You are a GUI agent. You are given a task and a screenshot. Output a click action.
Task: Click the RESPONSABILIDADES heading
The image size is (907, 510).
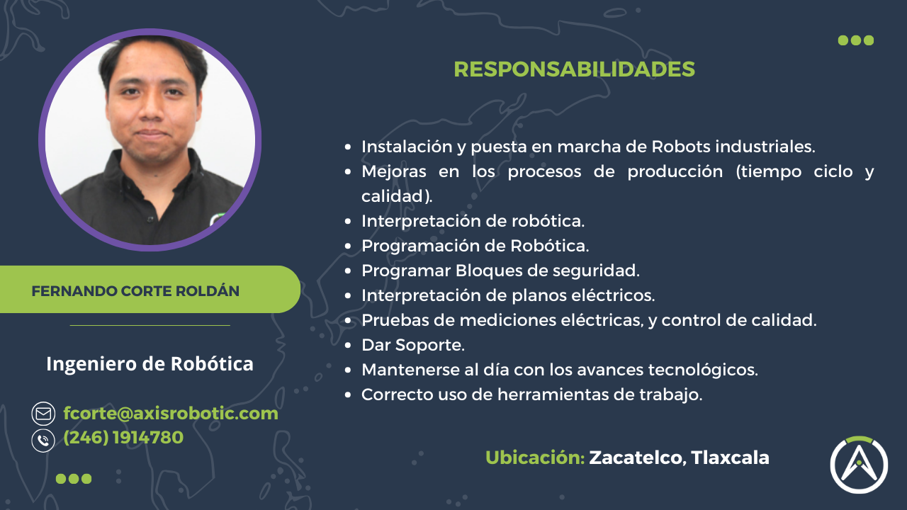(x=574, y=69)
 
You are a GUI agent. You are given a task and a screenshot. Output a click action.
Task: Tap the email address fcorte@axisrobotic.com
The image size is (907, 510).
(x=171, y=413)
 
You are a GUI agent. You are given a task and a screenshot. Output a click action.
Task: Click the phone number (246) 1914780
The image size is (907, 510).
(x=123, y=438)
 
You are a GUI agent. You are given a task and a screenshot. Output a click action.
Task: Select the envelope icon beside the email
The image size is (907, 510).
(x=43, y=414)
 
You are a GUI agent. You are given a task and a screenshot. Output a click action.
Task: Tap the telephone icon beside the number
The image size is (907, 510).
(x=43, y=440)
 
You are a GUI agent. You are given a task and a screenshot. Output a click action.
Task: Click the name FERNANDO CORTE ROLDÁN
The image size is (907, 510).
(x=135, y=291)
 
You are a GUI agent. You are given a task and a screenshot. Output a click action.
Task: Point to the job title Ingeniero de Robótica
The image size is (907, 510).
(x=150, y=364)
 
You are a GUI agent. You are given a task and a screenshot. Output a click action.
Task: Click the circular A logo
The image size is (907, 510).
(x=859, y=465)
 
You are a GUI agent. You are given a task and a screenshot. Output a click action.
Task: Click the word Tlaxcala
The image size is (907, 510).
(x=731, y=458)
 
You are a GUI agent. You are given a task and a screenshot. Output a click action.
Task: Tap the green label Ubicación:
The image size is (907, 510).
(x=535, y=458)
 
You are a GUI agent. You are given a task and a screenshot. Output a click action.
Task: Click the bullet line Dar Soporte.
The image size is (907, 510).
(x=413, y=345)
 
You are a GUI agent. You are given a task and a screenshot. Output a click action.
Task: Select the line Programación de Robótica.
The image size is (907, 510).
(x=475, y=246)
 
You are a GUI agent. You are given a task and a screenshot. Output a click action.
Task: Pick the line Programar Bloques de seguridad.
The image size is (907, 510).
(x=500, y=271)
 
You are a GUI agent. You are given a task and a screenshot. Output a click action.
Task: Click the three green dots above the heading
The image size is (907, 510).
(x=856, y=40)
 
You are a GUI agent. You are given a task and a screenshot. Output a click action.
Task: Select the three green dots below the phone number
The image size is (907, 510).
(x=74, y=479)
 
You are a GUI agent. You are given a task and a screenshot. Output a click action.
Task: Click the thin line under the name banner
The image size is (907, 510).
(x=150, y=326)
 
